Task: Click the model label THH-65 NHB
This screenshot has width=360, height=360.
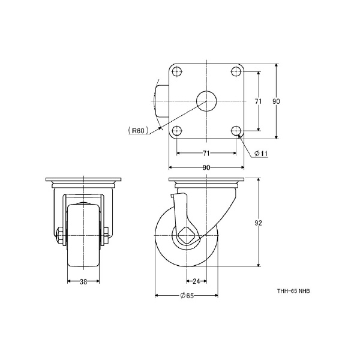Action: (293, 291)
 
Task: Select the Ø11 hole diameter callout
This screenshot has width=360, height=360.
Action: (261, 154)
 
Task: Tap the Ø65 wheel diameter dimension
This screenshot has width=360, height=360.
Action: (187, 295)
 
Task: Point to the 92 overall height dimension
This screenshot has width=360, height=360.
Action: (258, 223)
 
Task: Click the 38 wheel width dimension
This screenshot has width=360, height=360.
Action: (83, 281)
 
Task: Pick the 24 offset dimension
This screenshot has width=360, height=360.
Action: (196, 281)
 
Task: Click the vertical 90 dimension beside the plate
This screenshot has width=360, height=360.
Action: (276, 101)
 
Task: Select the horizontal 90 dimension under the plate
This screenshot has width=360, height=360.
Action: (206, 167)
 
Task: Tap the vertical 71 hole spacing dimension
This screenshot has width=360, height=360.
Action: (258, 101)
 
